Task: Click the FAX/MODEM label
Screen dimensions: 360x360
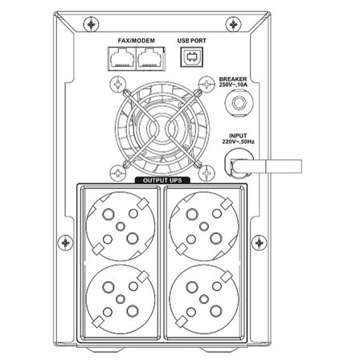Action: [x=137, y=41]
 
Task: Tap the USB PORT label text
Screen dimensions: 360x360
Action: [x=191, y=41]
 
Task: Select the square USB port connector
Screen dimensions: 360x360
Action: [x=191, y=57]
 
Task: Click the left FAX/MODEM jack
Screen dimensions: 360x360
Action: [x=121, y=59]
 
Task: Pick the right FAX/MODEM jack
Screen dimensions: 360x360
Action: [x=150, y=59]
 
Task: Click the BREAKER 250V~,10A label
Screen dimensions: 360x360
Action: [x=233, y=82]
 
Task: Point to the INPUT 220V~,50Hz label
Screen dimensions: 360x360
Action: [x=238, y=139]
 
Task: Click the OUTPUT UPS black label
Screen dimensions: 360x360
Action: [x=162, y=180]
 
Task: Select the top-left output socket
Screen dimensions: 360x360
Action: [x=121, y=226]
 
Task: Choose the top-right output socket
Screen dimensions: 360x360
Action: [x=204, y=226]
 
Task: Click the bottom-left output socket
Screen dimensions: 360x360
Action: [x=121, y=299]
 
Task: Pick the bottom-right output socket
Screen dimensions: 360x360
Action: [x=204, y=299]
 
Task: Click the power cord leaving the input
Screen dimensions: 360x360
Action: [x=267, y=166]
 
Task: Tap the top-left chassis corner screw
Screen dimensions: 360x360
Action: [x=92, y=25]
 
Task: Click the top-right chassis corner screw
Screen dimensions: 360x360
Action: [x=234, y=25]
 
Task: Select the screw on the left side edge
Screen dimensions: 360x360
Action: [x=66, y=243]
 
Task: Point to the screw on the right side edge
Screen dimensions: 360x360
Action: [x=260, y=243]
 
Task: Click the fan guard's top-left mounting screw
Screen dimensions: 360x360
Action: [x=118, y=84]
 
